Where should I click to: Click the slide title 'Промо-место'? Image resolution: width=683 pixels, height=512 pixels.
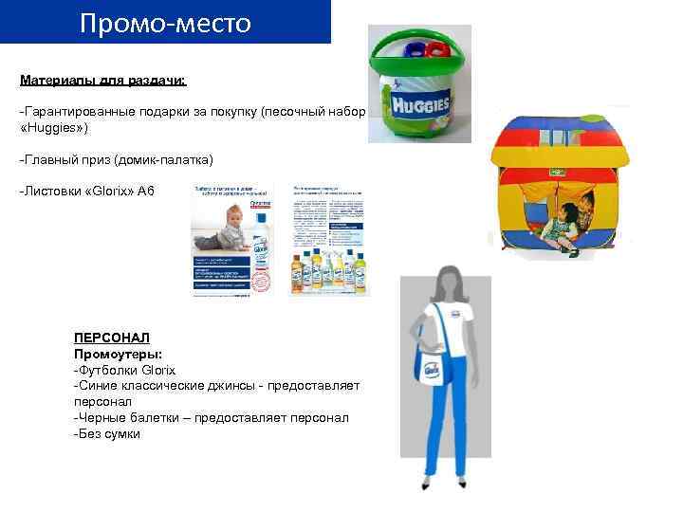click(165, 23)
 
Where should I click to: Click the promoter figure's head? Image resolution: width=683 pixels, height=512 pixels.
click(447, 281)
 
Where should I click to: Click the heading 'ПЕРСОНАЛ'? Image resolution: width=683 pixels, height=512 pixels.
click(111, 338)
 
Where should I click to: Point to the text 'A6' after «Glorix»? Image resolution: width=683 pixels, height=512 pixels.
click(145, 192)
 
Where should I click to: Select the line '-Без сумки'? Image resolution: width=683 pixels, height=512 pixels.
click(106, 434)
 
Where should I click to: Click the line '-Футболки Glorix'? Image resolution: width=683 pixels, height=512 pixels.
click(124, 370)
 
